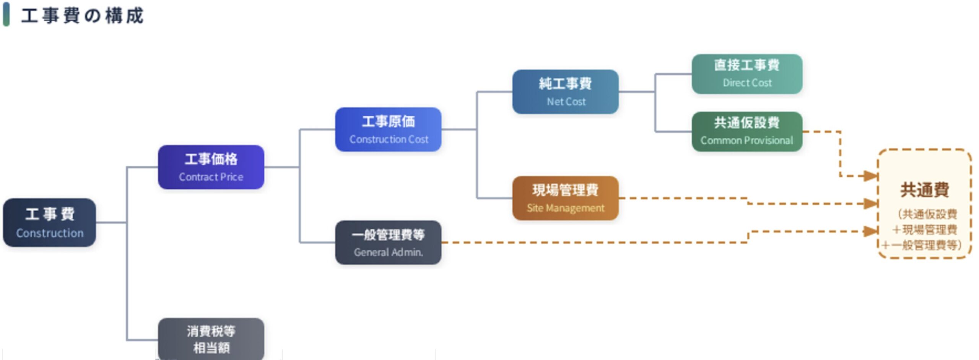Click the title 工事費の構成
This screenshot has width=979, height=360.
tap(82, 16)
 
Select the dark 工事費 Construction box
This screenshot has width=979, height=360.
tap(49, 222)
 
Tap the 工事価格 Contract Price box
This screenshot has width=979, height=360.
tap(211, 167)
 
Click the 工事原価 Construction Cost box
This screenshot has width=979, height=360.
tap(388, 129)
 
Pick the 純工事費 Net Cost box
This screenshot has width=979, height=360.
tap(565, 92)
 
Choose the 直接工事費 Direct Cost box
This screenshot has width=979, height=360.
tap(747, 74)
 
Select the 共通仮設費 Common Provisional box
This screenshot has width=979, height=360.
tap(747, 131)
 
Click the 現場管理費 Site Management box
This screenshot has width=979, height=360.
tap(565, 198)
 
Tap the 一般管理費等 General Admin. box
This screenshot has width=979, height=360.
tap(388, 242)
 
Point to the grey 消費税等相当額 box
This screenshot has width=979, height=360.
tap(211, 339)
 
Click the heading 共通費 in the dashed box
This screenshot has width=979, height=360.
tap(924, 190)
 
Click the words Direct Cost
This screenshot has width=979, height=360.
tap(747, 83)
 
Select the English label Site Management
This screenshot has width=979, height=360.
tap(565, 208)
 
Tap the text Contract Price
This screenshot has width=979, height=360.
tap(211, 177)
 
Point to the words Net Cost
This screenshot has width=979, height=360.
tap(566, 101)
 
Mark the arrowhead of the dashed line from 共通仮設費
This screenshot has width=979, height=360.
tap(870, 176)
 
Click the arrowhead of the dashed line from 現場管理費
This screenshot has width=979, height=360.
tap(870, 204)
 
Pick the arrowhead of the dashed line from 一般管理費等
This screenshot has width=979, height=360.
tap(870, 231)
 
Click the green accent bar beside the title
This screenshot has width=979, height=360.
tap(6, 15)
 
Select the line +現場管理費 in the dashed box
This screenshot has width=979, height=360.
tap(924, 230)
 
